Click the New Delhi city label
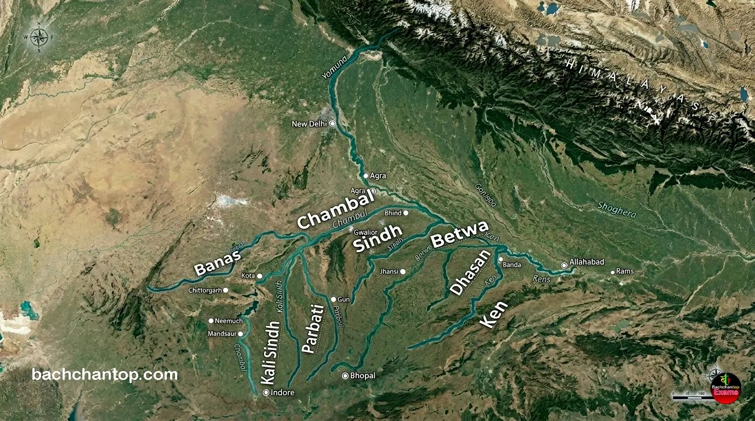309,124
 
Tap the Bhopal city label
363,376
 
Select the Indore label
283,392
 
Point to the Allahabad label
587,262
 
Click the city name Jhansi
388,271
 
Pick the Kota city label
248,275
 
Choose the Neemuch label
229,321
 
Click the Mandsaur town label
222,333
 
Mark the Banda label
512,265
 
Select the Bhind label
393,213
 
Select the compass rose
38,37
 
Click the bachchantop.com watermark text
105,375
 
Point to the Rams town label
624,271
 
